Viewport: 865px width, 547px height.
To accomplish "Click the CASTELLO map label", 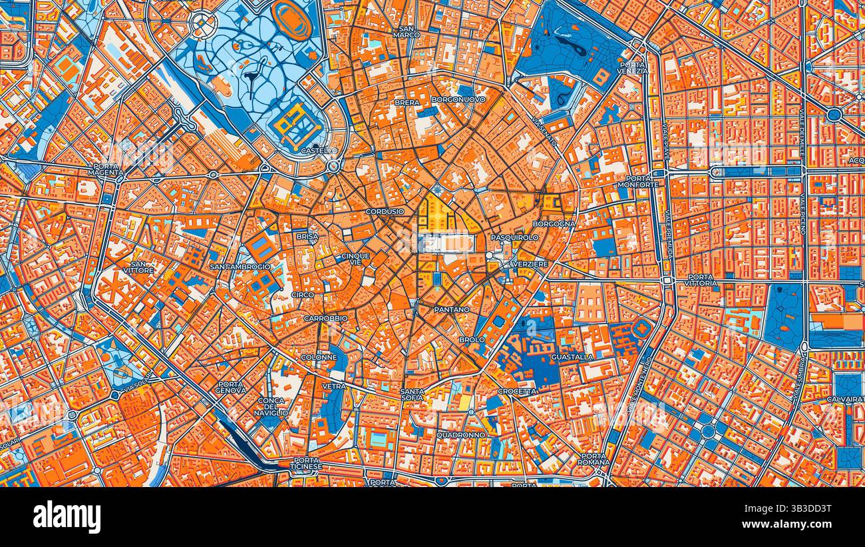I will [319, 151].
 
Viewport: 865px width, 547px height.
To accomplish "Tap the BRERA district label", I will [407, 103].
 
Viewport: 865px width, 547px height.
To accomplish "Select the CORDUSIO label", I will [385, 212].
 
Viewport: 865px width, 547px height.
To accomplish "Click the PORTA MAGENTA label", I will [106, 169].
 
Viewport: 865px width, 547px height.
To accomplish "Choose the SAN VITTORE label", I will [138, 267].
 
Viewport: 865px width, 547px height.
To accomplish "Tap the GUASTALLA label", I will [572, 357].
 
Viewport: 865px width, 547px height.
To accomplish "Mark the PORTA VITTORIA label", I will [702, 280].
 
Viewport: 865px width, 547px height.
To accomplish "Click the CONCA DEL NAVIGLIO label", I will [271, 406].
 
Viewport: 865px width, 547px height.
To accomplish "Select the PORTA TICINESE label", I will [306, 463].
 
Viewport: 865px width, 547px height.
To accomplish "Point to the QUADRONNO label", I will [461, 435].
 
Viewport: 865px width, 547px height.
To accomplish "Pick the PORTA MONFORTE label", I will [638, 181].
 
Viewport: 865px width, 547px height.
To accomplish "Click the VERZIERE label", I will [530, 265].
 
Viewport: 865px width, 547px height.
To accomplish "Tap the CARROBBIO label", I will [325, 318].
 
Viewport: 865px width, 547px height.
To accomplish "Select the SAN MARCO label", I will [406, 31].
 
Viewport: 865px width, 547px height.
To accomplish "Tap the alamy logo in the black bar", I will [67, 517].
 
